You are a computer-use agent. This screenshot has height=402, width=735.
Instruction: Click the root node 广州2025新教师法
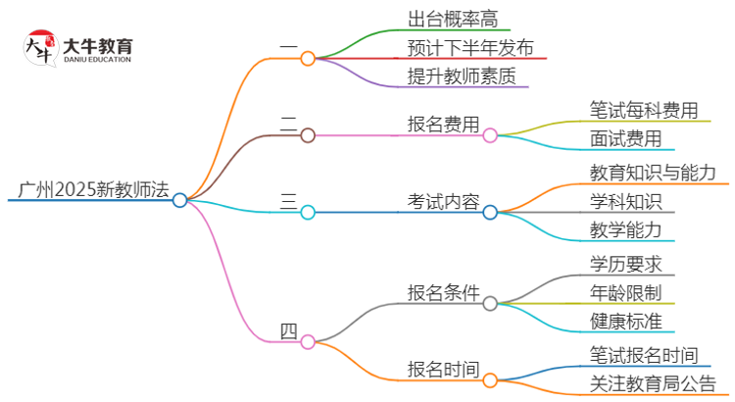[x=86, y=189]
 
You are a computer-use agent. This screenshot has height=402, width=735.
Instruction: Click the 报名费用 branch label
[x=444, y=125]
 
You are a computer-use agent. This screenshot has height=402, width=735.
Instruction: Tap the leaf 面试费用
[x=625, y=138]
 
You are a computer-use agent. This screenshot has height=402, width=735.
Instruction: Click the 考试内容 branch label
[x=444, y=202]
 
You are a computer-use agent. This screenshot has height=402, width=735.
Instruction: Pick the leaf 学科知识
[x=625, y=202]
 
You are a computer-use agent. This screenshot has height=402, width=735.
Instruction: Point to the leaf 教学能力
[x=625, y=230]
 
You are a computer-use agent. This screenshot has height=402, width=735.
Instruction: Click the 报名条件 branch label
[x=444, y=292]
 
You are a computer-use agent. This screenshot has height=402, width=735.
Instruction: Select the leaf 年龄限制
[x=625, y=292]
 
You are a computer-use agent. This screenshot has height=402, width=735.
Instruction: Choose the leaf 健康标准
[x=625, y=321]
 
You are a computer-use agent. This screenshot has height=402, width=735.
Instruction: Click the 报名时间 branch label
[x=444, y=370]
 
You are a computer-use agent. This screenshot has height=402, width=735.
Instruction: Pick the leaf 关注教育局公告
[x=653, y=383]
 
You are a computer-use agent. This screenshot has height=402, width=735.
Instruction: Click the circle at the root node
[x=180, y=200]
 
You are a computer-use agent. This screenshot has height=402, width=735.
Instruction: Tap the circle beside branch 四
[x=308, y=341]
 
